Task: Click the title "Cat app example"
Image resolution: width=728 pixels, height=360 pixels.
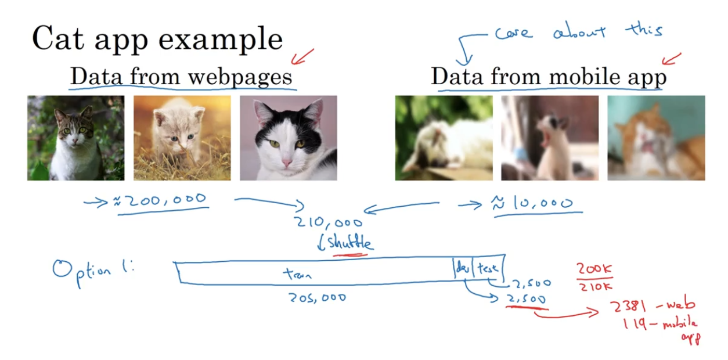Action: pos(157,39)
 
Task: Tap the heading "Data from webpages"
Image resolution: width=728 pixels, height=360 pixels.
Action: pos(181,76)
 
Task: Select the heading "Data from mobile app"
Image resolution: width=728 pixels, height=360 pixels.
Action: pos(549,77)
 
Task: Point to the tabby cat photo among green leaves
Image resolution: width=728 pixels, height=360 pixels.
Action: pos(75,138)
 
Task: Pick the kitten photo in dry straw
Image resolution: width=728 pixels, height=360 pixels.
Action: pos(182,138)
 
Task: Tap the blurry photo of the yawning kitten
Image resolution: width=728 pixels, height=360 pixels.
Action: pos(550,138)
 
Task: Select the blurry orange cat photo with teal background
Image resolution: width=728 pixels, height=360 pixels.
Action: pos(656,138)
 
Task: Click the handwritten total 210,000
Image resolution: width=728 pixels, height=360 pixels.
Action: pos(328,223)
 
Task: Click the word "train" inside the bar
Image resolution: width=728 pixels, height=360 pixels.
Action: pos(297,274)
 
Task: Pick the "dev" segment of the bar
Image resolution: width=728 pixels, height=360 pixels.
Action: pos(463,268)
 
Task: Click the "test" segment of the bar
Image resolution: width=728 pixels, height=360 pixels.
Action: pos(488,268)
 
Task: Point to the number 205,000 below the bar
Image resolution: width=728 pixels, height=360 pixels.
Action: pos(317,297)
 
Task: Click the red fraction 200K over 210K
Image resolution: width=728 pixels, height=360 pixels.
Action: pos(594,278)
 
